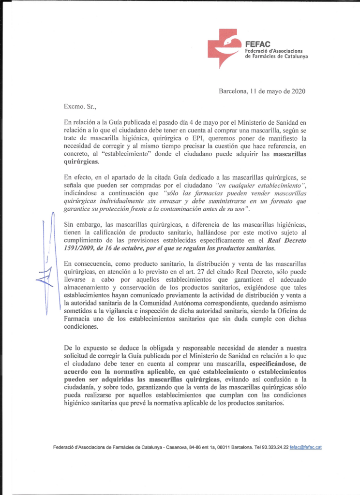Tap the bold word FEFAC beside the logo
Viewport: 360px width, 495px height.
click(x=255, y=44)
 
